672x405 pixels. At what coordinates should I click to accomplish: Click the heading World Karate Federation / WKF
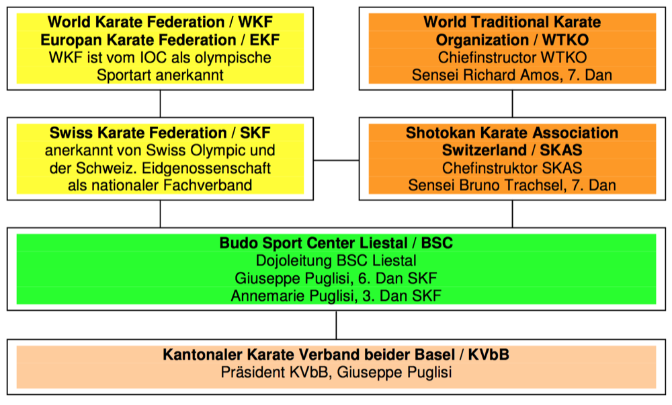point(160,22)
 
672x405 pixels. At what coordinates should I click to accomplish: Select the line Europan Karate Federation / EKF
point(160,40)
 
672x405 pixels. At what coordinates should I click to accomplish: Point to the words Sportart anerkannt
point(160,75)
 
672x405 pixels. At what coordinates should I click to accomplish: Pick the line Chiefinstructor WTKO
point(512,57)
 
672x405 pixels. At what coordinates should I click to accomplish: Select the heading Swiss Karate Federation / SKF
point(160,133)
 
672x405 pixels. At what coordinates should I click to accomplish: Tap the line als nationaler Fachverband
point(160,185)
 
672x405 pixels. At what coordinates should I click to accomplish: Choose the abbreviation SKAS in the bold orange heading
point(559,150)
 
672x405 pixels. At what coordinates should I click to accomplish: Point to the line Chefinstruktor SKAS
point(512,168)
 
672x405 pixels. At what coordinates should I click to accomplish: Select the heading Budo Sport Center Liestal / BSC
point(336,243)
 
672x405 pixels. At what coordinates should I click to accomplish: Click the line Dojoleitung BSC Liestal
point(336,260)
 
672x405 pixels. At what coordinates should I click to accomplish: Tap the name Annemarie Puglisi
point(292,295)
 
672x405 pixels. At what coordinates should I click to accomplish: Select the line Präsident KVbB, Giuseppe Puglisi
point(336,372)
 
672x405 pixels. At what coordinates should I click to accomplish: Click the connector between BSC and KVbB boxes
point(336,325)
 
